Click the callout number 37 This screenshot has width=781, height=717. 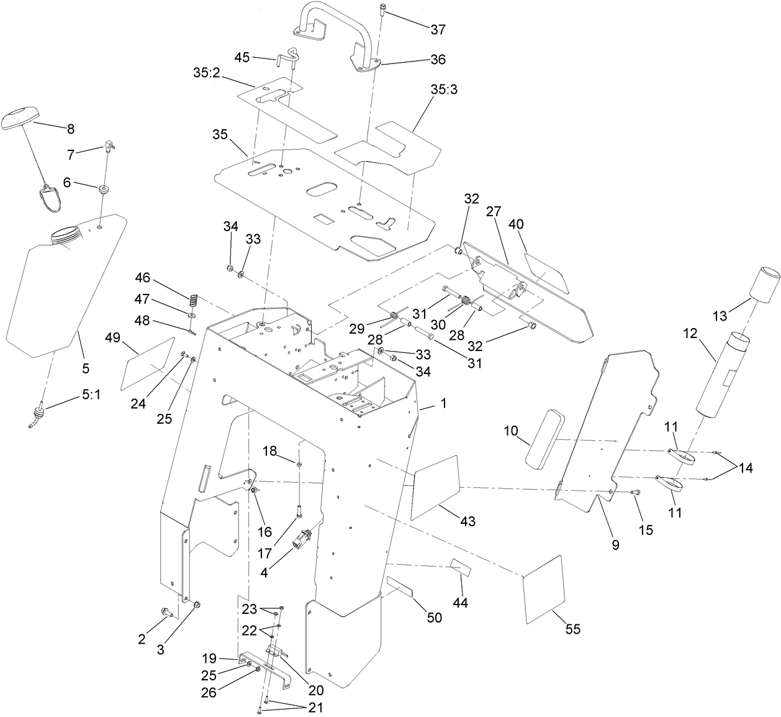[438, 29]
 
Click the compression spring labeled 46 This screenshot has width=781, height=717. [193, 299]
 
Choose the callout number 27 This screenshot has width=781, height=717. [493, 212]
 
